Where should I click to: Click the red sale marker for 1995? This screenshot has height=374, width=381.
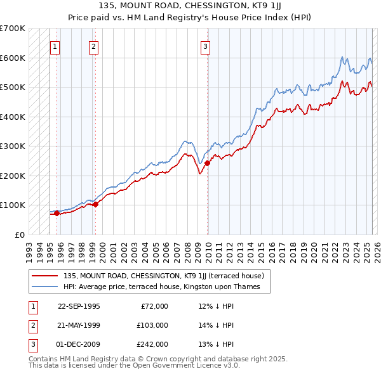click(57, 213)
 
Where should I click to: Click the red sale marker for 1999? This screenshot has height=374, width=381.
click(95, 204)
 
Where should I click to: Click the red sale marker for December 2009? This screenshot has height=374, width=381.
click(207, 164)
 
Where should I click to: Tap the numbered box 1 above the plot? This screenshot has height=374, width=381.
click(55, 46)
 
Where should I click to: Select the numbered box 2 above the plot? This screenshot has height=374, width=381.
click(93, 46)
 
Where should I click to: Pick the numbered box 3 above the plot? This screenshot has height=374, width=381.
click(206, 46)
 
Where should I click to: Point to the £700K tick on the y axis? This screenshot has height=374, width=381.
click(12, 29)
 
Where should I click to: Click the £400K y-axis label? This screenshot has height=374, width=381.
click(12, 117)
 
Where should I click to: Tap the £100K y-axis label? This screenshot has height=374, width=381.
click(12, 205)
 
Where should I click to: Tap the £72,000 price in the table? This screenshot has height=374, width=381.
click(154, 306)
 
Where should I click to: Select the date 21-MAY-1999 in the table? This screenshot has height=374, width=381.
click(79, 325)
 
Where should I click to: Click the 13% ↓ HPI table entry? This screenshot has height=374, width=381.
click(216, 344)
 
